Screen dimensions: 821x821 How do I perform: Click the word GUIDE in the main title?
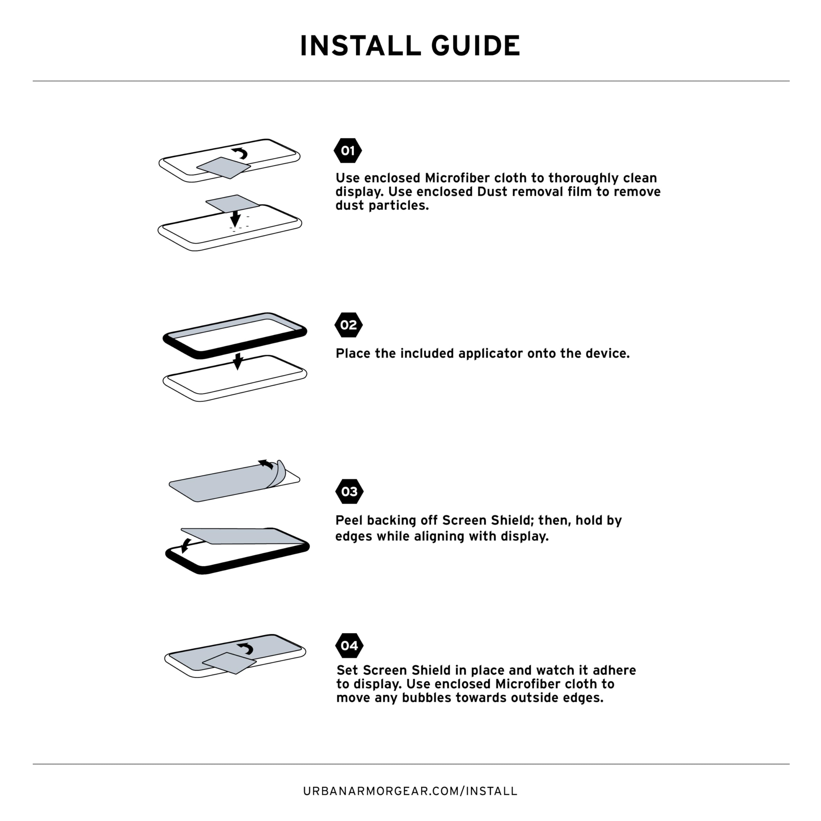[476, 46]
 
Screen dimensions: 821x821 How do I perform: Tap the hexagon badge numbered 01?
[348, 151]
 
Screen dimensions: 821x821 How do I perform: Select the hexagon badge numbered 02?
[349, 325]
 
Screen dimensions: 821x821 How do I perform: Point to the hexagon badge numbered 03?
[349, 492]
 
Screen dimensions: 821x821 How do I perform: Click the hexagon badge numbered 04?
[349, 646]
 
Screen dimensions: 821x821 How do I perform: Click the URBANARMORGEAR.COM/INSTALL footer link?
[410, 791]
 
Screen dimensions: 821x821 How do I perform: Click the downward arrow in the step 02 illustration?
[238, 361]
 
